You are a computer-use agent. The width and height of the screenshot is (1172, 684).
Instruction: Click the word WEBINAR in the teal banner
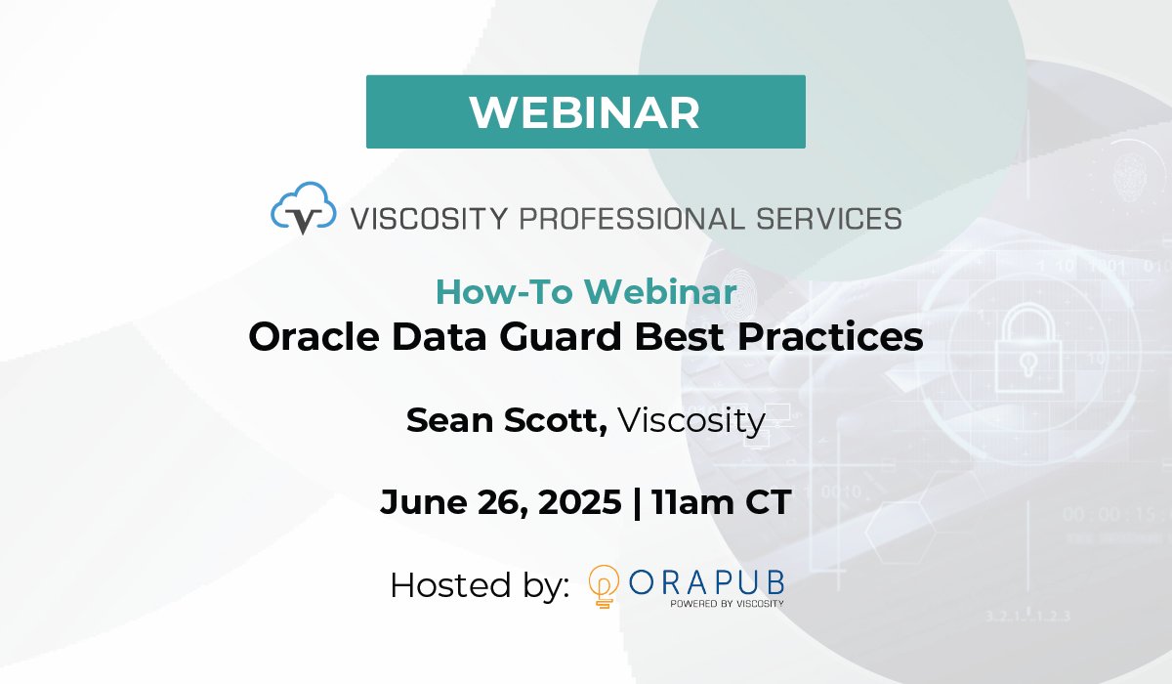585,112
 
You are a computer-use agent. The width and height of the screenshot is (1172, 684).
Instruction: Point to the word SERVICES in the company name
822,218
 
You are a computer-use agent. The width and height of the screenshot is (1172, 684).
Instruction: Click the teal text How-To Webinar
585,291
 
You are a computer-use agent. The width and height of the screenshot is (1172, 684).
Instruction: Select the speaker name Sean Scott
507,420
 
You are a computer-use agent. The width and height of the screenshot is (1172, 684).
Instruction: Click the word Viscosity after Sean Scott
691,420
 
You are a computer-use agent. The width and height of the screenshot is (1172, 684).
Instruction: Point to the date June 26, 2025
500,502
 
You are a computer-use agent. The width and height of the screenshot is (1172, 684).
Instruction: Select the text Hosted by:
479,585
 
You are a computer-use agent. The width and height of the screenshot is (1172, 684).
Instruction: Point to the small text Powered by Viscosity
726,604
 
